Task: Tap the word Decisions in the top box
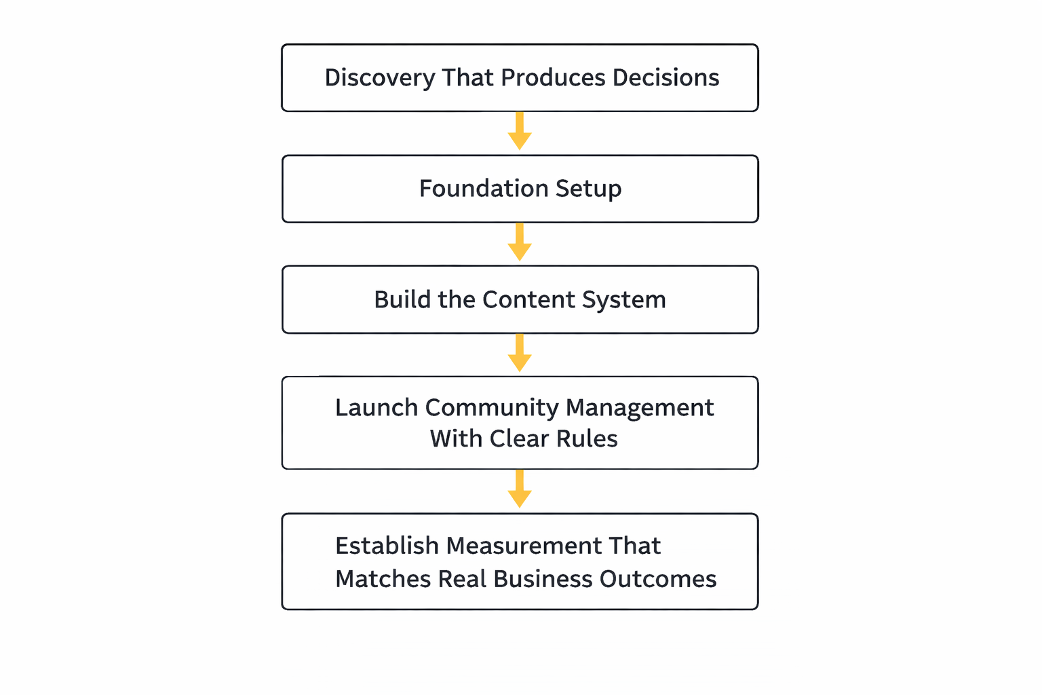coord(665,78)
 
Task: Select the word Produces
coord(553,78)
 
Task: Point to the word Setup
coord(588,189)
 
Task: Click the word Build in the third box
coord(402,300)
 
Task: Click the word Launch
coord(377,408)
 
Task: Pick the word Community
coord(492,408)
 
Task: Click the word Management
coord(639,408)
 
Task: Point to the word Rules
coord(587,439)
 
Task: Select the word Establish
coord(387,546)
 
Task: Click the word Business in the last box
coord(543,579)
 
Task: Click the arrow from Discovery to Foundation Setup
coord(520,132)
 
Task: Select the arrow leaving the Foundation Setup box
coord(520,242)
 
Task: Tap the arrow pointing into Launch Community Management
coord(520,354)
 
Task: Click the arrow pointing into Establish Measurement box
coord(520,489)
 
